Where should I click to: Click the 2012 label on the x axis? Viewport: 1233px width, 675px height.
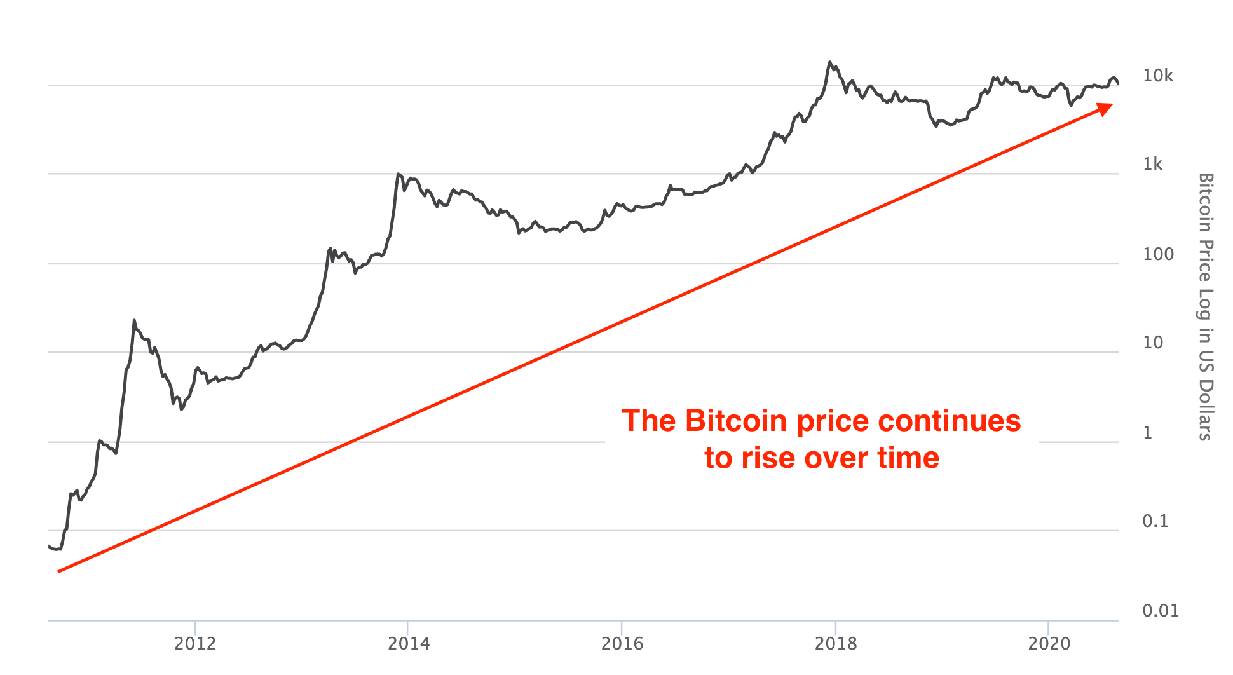pos(195,644)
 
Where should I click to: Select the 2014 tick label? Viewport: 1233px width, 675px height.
pos(409,644)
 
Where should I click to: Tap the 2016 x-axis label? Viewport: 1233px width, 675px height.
pos(622,644)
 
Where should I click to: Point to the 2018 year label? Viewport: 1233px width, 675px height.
pos(836,644)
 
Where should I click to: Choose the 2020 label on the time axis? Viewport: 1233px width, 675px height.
pos(1049,644)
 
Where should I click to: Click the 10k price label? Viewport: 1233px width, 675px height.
pos(1158,76)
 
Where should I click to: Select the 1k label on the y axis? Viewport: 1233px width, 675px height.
pos(1152,165)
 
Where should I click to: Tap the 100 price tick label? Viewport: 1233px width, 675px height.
pos(1158,254)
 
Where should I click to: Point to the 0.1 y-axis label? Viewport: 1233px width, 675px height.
pos(1155,521)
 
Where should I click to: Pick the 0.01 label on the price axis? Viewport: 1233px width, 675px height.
pos(1161,611)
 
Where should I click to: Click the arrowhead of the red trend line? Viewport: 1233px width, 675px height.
pos(1107,108)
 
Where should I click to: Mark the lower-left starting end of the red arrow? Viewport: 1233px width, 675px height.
pos(58,572)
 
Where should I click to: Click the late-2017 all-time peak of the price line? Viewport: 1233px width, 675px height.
pos(829,62)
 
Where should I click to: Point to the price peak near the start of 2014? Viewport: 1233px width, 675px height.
pos(398,174)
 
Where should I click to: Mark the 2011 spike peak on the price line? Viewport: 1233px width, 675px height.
pos(134,320)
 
